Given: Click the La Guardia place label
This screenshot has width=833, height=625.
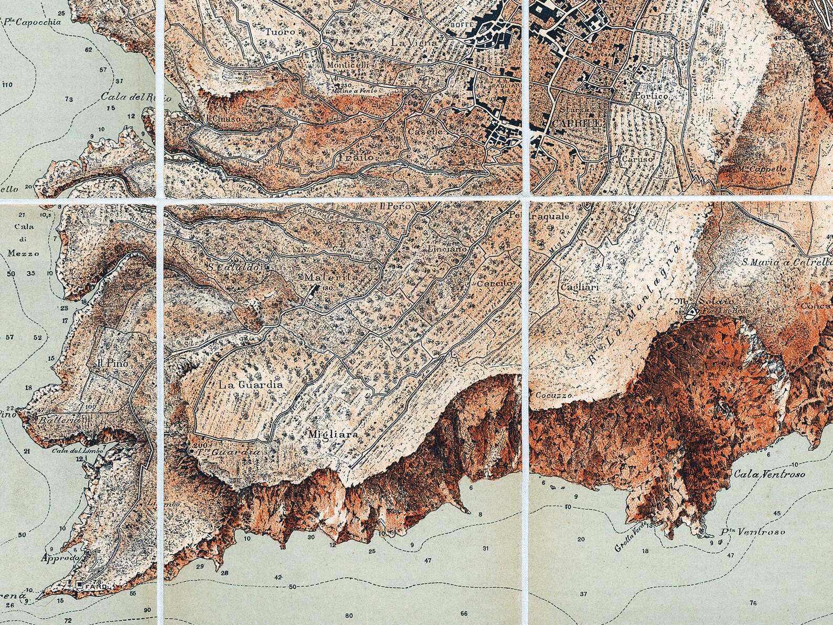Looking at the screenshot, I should (251, 385).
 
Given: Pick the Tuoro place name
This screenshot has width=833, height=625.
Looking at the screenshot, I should (281, 31).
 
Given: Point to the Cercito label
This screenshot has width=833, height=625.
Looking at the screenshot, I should (494, 283).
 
